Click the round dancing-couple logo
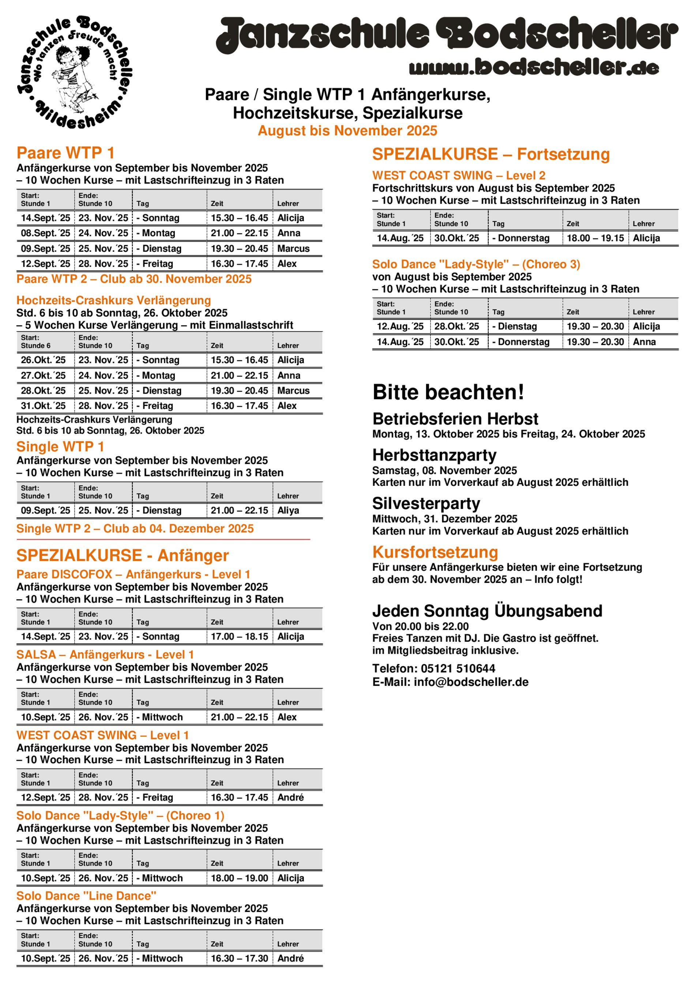(75, 73)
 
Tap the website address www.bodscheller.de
(534, 67)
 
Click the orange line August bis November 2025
(347, 131)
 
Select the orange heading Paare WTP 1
(65, 153)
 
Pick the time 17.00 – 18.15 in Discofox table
(239, 637)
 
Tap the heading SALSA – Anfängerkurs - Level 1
(105, 654)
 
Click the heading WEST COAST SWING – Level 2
(459, 176)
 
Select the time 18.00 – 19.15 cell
(595, 238)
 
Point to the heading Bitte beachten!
(448, 392)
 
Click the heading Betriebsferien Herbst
(455, 419)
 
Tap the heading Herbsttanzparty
(435, 455)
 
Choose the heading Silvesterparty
(426, 503)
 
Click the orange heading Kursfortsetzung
(435, 552)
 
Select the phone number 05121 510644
(458, 668)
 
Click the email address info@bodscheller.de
(471, 682)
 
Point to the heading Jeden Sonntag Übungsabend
(487, 611)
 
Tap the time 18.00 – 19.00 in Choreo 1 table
(239, 878)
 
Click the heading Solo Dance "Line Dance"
(86, 896)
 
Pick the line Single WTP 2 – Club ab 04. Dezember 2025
(135, 529)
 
